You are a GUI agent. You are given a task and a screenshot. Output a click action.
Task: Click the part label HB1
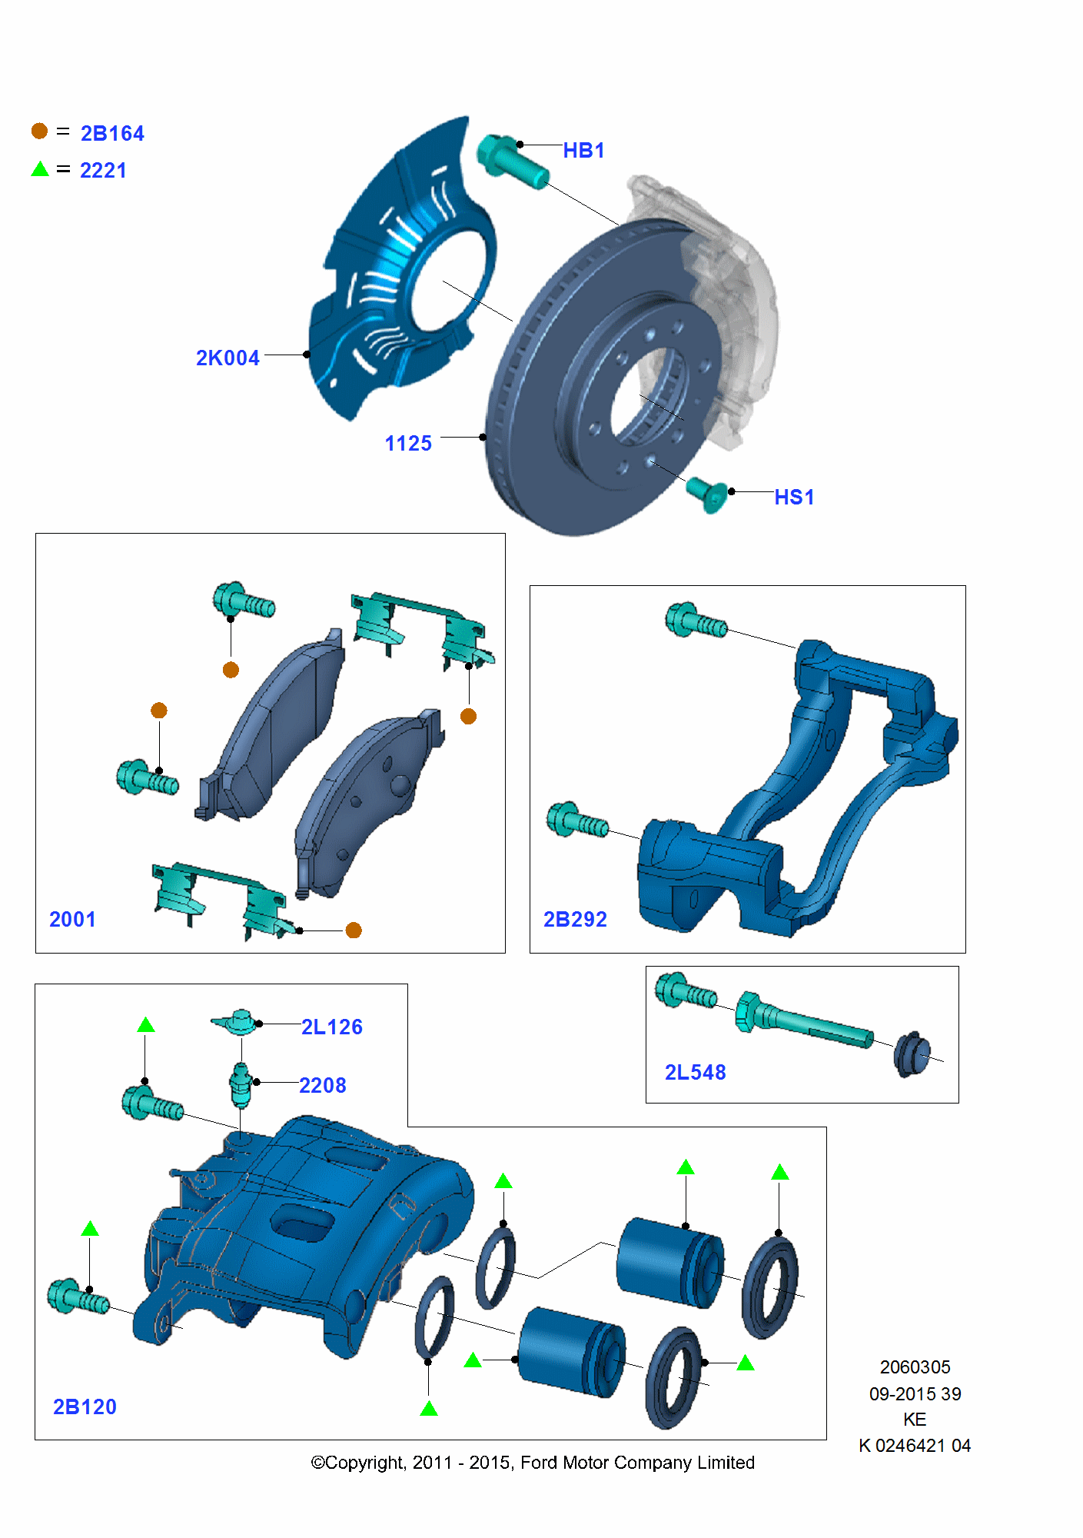pyautogui.click(x=583, y=151)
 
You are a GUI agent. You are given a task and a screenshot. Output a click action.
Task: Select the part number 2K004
pyautogui.click(x=228, y=358)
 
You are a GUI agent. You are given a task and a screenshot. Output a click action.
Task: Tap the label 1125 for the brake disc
pyautogui.click(x=408, y=444)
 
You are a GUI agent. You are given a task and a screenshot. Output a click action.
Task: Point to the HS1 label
pyautogui.click(x=794, y=498)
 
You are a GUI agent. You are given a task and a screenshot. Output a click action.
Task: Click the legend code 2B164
pyautogui.click(x=112, y=134)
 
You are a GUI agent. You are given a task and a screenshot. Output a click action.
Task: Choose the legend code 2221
pyautogui.click(x=103, y=171)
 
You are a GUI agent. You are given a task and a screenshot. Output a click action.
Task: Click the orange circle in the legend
pyautogui.click(x=39, y=131)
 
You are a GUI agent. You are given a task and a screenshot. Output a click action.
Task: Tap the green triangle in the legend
pyautogui.click(x=40, y=169)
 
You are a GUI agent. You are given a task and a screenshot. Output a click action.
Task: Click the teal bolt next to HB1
pyautogui.click(x=513, y=161)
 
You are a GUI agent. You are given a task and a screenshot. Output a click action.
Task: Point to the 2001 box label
pyautogui.click(x=72, y=920)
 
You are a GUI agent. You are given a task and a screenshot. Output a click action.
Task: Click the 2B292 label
pyautogui.click(x=575, y=920)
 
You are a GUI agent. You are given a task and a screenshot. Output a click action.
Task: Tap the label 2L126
pyautogui.click(x=331, y=1027)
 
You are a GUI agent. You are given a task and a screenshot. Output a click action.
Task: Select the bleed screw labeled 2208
pyautogui.click(x=241, y=1084)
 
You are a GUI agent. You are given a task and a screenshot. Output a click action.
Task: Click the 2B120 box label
pyautogui.click(x=85, y=1407)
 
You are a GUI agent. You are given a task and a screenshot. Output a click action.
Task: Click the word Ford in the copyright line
pyautogui.click(x=539, y=1463)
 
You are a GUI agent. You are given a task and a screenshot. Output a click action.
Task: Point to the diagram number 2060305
pyautogui.click(x=915, y=1367)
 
